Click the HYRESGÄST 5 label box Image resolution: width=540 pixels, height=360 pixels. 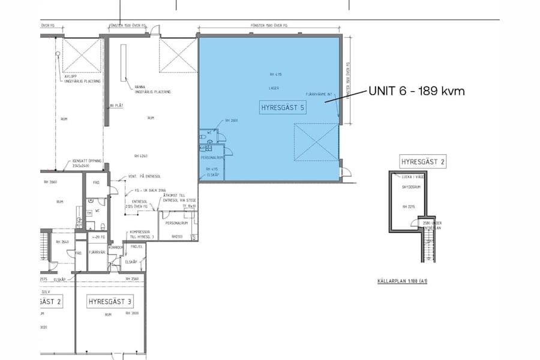click(283, 108)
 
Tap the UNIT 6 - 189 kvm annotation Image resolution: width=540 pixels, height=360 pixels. click(416, 91)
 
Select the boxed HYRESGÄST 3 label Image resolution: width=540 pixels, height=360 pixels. click(110, 301)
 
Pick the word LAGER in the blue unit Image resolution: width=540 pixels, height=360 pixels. click(274, 88)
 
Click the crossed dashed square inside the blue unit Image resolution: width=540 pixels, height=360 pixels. click(316, 142)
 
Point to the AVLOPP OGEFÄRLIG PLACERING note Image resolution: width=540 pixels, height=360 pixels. click(82, 79)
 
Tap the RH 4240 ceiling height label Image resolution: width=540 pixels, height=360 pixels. click(142, 156)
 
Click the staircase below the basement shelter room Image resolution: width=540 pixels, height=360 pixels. click(428, 247)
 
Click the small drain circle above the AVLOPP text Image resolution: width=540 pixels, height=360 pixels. click(58, 54)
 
